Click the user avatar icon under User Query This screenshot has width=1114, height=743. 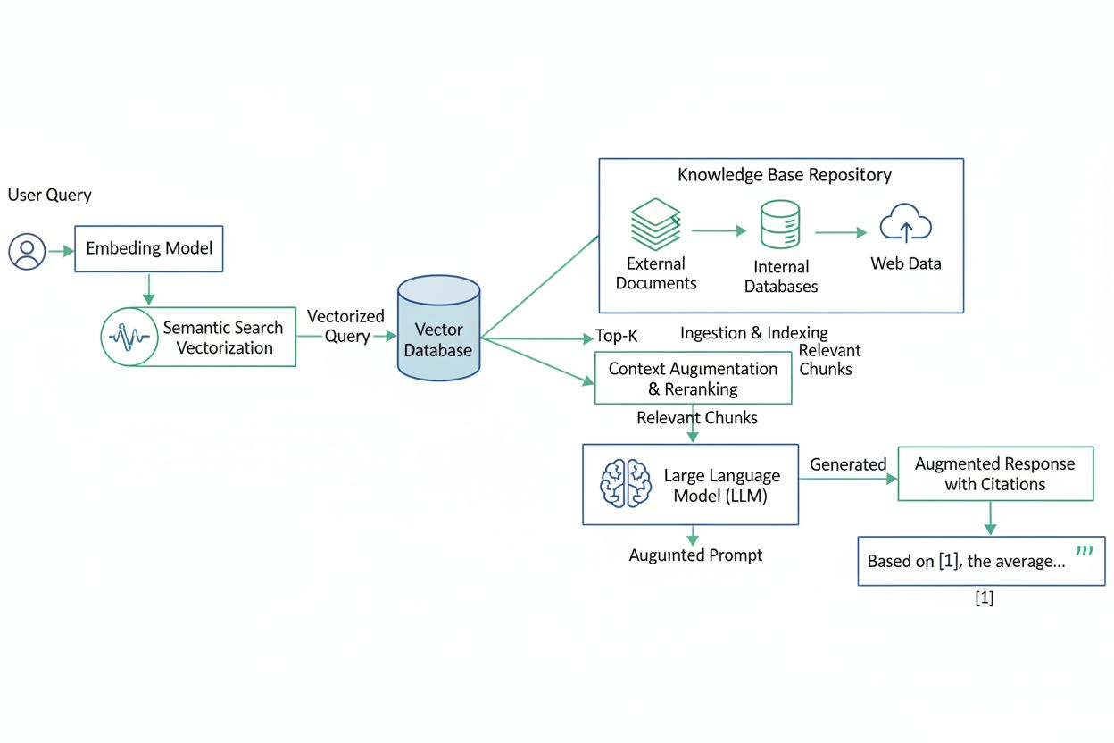tap(27, 251)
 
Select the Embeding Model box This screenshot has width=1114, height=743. tap(149, 247)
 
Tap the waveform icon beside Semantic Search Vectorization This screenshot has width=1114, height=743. tap(129, 337)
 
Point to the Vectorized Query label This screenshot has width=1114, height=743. tap(345, 326)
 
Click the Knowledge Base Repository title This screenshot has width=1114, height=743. tap(784, 174)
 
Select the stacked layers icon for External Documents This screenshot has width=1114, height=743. tap(656, 223)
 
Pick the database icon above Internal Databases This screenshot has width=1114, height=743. tap(780, 225)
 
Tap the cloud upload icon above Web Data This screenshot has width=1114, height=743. tap(905, 223)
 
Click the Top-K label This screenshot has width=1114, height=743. tap(616, 338)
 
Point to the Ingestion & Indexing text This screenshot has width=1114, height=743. tap(753, 333)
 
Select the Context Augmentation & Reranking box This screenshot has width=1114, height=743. tap(693, 379)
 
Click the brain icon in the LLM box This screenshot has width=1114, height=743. tap(625, 483)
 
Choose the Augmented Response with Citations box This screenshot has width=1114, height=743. tap(994, 474)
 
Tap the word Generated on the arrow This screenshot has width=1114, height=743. tap(847, 464)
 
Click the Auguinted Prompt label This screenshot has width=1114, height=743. tap(695, 555)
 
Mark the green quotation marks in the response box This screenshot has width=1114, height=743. tap(1085, 551)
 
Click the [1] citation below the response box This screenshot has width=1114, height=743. tap(984, 598)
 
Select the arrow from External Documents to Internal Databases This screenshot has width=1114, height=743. tap(719, 230)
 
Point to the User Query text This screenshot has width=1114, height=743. tap(50, 195)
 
